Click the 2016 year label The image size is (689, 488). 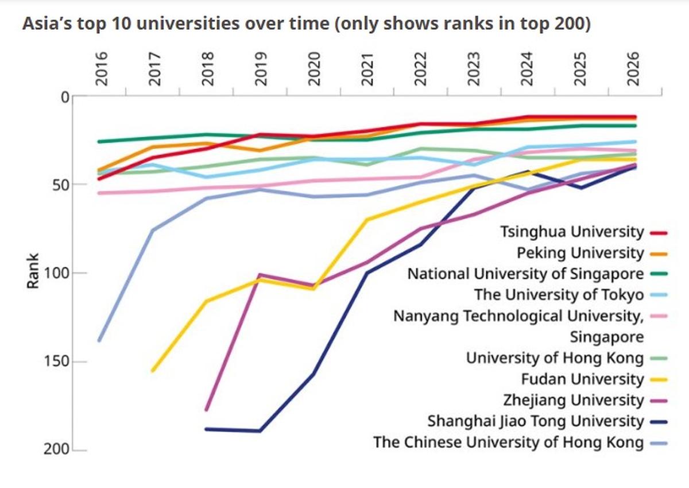click(102, 69)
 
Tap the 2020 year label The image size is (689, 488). click(315, 69)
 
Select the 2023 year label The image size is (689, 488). click(474, 69)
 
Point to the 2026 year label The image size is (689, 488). click(634, 69)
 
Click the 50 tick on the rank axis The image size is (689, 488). click(61, 185)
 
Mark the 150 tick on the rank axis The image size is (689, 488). click(57, 362)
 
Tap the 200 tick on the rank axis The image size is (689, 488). click(57, 450)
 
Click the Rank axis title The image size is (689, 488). click(33, 271)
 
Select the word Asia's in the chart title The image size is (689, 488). click(47, 24)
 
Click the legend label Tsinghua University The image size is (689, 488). click(572, 232)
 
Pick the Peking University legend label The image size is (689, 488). click(580, 253)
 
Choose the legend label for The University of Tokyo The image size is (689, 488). click(559, 295)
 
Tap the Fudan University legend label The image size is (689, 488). click(582, 379)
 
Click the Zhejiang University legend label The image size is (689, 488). click(574, 401)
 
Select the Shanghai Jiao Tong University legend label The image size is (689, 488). click(536, 421)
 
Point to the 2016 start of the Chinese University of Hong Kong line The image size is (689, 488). click(99, 340)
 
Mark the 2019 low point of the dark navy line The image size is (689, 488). click(260, 431)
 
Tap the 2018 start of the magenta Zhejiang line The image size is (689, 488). click(206, 410)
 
